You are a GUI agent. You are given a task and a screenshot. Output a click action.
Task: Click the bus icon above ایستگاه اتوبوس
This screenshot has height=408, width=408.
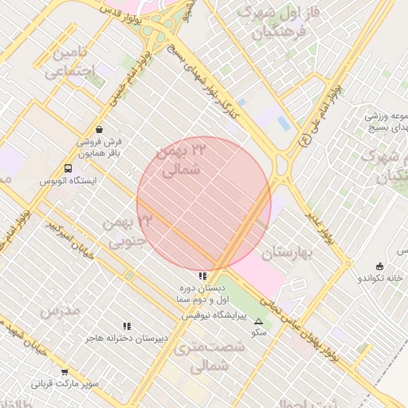pos(68,168)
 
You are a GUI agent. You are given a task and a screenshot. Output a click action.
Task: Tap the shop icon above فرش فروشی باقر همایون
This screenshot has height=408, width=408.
pos(98,128)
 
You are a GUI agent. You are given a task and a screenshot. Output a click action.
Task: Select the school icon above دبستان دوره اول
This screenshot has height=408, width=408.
pos(202,276)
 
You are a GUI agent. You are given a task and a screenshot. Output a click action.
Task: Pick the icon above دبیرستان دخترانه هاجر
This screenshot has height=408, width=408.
pos(127,326)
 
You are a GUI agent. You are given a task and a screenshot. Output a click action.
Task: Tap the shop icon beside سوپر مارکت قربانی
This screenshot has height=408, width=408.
pos(65,372)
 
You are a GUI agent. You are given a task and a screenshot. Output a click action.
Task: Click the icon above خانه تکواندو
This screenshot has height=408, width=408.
pos(379,266)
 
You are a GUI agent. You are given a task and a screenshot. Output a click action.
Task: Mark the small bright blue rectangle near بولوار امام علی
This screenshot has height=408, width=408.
pos(284,123)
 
